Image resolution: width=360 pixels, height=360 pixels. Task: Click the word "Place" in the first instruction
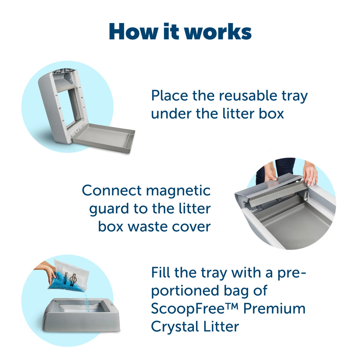coord(169,96)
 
